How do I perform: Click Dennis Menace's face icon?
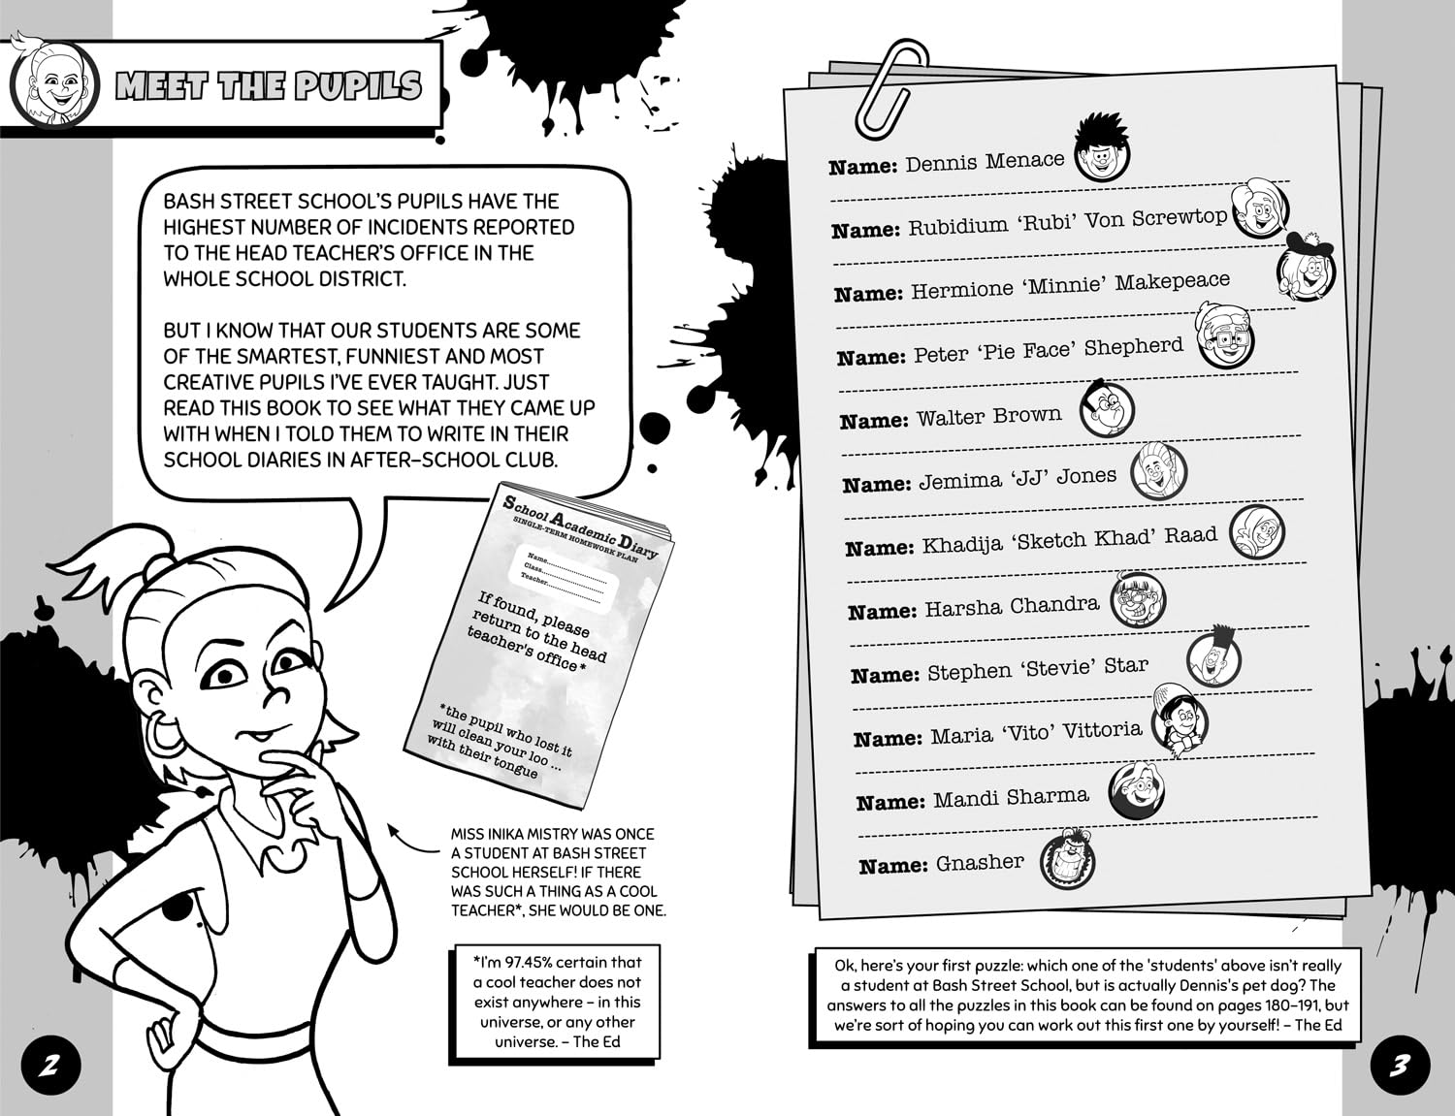[x=1103, y=153]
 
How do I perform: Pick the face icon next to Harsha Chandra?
[x=1137, y=601]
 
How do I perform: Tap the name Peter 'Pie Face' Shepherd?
[x=1048, y=350]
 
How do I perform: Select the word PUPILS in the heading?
[x=359, y=86]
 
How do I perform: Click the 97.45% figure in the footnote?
[x=533, y=963]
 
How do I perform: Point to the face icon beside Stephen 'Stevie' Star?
[x=1213, y=657]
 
